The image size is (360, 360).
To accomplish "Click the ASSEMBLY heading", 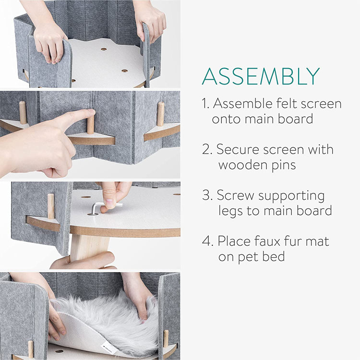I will pyautogui.click(x=261, y=77).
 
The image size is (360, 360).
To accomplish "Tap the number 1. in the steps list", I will pyautogui.click(x=206, y=103).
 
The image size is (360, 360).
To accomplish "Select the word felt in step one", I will pyautogui.click(x=292, y=103).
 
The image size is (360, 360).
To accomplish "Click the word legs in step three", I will pyautogui.click(x=230, y=211).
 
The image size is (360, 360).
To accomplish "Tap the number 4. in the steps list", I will pyautogui.click(x=207, y=241).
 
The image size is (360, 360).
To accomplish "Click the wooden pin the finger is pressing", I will pyautogui.click(x=90, y=125).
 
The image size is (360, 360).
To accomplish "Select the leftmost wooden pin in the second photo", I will pyautogui.click(x=23, y=112).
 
